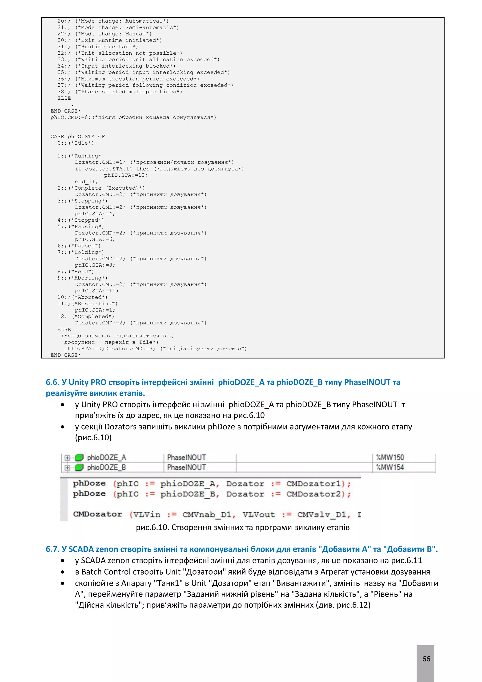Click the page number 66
[x=426, y=658]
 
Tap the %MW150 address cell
[x=390, y=457]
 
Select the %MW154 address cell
[x=390, y=467]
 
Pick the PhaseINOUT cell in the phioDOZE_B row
[x=186, y=467]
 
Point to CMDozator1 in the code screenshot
[x=313, y=484]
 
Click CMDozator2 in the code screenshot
[x=313, y=494]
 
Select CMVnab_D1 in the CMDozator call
[x=206, y=515]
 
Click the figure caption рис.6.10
[x=242, y=527]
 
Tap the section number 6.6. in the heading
[x=53, y=382]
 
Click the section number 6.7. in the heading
[x=53, y=549]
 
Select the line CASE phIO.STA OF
[x=77, y=137]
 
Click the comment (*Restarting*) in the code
[x=95, y=304]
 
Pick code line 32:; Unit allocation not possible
[x=120, y=53]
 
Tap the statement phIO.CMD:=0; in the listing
[x=71, y=117]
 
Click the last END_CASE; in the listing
[x=65, y=355]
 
